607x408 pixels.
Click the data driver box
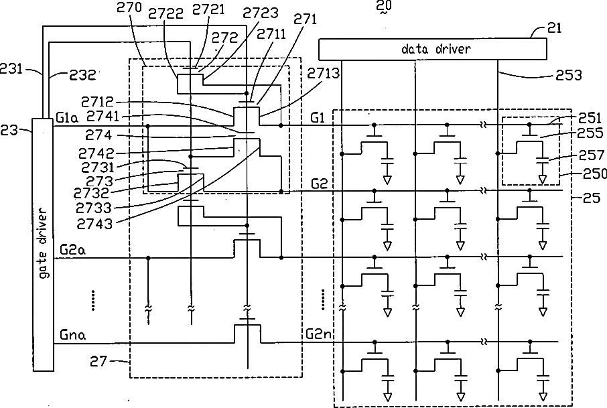coord(432,49)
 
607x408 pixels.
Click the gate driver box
coord(43,245)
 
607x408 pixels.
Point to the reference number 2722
coord(165,13)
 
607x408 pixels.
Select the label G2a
coord(72,250)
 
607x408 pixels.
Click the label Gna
coord(72,334)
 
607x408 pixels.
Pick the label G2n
coord(319,334)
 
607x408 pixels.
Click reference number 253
coord(569,75)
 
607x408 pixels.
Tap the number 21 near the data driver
coord(554,27)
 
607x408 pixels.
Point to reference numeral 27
coord(98,361)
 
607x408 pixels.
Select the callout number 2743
coord(94,223)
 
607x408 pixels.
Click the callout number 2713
coord(323,73)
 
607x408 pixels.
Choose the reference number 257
coord(592,155)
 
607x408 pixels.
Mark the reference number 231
coord(11,69)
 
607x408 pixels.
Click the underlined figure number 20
coord(384,7)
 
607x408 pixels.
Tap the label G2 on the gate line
coord(320,184)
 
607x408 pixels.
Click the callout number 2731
coord(98,167)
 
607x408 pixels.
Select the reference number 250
coord(595,174)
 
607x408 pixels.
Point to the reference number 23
coord(9,130)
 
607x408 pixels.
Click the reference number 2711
coord(271,34)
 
